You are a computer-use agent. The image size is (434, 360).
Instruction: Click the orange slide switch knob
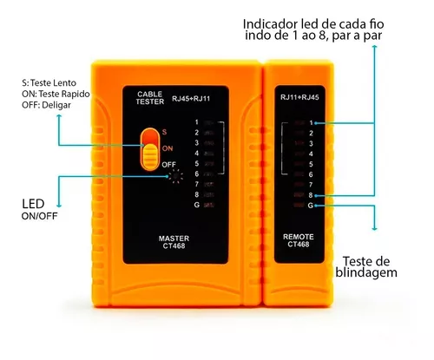150,156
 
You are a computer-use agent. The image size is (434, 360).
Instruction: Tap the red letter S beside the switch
164,132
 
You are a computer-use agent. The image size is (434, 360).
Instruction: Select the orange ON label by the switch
168,148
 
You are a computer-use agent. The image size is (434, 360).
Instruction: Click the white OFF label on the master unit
168,165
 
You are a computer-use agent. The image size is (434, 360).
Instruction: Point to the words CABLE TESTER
150,98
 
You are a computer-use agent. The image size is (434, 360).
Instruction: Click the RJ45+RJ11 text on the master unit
191,99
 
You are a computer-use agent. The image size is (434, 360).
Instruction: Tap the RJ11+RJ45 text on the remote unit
299,97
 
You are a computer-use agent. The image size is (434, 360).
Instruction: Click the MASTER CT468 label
174,242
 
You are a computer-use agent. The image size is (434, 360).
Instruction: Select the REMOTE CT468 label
299,240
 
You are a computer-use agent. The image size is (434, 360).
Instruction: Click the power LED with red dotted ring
175,176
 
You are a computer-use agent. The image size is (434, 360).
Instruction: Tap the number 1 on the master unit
197,122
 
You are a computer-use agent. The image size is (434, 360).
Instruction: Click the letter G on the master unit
197,205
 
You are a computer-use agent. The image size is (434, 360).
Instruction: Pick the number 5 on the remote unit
311,164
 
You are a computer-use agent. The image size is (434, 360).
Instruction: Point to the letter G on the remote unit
311,206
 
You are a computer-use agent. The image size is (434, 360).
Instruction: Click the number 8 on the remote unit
311,195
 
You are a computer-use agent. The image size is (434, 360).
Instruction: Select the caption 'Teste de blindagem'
366,266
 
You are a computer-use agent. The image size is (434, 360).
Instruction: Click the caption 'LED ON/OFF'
40,209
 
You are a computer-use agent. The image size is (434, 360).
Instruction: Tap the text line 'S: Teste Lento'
49,83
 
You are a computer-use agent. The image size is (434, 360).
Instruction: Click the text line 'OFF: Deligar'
46,105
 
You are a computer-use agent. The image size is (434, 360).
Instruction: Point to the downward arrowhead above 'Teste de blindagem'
374,229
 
